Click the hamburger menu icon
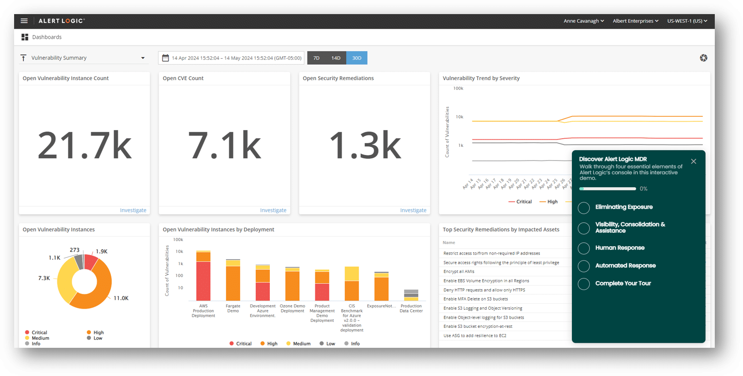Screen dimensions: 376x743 (24, 21)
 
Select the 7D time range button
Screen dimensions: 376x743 (317, 58)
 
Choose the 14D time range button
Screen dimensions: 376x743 (336, 58)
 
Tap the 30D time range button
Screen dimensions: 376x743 (357, 58)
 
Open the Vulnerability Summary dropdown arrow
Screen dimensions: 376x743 (143, 58)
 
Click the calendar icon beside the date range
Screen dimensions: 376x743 (166, 58)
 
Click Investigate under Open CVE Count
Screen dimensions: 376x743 (273, 210)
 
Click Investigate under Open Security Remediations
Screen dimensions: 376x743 (413, 210)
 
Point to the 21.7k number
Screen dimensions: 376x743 (85, 145)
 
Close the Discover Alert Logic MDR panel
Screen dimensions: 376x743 (693, 161)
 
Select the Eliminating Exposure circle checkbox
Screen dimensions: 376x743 (584, 208)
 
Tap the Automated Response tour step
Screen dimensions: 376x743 (625, 266)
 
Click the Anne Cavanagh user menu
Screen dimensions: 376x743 (584, 21)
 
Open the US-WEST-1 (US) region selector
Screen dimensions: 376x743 (687, 21)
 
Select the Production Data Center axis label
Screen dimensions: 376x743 (411, 308)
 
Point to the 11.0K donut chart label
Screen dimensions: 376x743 (121, 298)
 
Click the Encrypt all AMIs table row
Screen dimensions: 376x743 (459, 271)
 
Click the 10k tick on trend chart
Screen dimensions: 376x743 (460, 117)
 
